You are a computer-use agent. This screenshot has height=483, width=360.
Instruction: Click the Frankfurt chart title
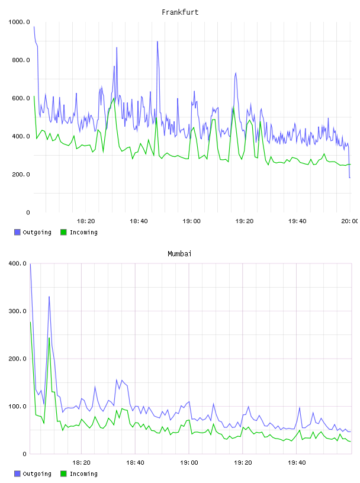180,12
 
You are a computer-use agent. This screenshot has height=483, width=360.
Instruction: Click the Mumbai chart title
179,254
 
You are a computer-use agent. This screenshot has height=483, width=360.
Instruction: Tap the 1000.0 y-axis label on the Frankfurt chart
19,22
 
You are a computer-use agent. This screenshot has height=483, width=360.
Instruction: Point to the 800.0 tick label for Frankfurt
21,60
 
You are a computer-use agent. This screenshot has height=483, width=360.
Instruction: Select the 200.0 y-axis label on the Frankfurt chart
21,175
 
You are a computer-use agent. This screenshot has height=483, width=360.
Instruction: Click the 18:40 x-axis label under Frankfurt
139,221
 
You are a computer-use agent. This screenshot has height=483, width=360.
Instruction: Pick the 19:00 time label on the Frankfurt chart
191,221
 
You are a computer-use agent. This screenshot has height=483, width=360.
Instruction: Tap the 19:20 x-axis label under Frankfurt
245,221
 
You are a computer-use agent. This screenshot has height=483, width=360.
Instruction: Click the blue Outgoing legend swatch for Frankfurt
17,232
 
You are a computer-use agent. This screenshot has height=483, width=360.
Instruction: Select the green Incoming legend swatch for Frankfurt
63,232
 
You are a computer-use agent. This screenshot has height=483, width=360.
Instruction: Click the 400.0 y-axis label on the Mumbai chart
17,263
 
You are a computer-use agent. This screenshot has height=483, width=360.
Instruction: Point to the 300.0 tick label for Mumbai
17,311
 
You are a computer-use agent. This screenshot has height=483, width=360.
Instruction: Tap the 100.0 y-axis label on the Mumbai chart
17,406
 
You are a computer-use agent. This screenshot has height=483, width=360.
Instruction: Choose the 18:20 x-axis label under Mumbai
81,463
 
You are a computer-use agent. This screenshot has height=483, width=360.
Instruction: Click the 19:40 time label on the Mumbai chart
297,463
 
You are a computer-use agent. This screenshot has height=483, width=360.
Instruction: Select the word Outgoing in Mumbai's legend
37,474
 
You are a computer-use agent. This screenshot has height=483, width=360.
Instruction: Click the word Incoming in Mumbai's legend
83,474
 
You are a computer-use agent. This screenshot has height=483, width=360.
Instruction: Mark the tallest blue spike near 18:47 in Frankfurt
157,41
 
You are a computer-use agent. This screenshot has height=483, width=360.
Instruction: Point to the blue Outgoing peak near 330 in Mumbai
49,297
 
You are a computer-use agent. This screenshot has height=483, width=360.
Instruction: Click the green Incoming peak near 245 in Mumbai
49,338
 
